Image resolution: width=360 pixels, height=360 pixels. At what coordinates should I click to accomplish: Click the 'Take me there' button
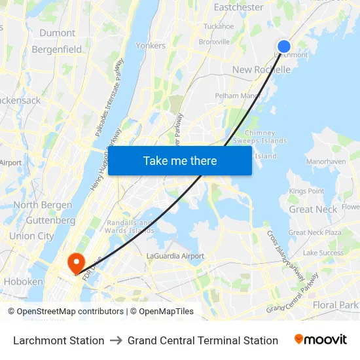(x=180, y=160)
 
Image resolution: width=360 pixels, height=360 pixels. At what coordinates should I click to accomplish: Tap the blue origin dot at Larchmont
(x=284, y=46)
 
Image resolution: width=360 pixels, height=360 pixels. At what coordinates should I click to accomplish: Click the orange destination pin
(x=77, y=263)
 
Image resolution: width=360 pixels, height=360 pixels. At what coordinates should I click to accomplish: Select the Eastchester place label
(x=239, y=7)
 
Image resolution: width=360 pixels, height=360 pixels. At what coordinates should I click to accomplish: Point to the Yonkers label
(x=151, y=46)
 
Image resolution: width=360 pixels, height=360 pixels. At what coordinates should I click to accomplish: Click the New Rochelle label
(x=261, y=69)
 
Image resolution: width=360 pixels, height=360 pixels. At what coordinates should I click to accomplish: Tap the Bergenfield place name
(x=57, y=49)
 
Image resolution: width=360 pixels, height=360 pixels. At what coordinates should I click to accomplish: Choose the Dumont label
(x=57, y=33)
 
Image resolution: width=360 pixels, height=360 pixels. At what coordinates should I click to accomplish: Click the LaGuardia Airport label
(x=175, y=256)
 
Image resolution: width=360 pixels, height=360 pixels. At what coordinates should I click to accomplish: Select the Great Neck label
(x=313, y=209)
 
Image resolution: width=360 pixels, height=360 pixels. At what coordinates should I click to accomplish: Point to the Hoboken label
(x=23, y=281)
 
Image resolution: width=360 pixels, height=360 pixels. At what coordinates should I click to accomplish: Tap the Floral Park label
(x=336, y=305)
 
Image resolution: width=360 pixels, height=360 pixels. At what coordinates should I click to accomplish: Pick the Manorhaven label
(x=326, y=160)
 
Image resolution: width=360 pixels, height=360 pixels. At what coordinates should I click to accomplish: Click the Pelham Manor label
(x=238, y=96)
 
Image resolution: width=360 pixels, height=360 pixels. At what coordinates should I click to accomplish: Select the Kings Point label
(x=306, y=191)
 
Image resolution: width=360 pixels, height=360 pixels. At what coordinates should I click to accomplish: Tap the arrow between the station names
(x=116, y=340)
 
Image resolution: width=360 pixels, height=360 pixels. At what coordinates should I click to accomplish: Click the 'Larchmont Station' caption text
(x=59, y=340)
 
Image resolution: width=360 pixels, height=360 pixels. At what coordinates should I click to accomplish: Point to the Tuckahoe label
(x=219, y=27)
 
